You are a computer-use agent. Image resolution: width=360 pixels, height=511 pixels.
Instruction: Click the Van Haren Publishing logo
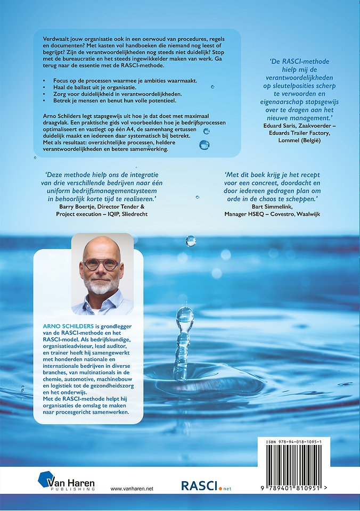(x=66, y=483)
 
